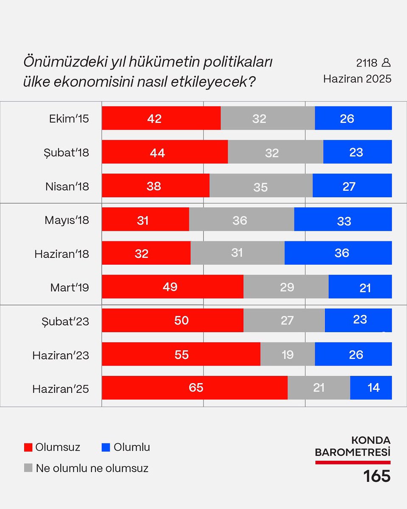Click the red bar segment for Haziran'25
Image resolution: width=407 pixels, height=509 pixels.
coord(195,388)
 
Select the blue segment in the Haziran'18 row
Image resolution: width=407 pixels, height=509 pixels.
coord(338,253)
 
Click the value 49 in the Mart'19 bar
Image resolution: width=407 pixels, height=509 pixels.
coord(170,287)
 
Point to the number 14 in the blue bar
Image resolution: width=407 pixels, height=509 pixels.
coord(374,388)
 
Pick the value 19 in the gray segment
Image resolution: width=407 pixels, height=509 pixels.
coord(287,354)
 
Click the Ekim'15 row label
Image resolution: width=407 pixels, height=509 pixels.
coord(69,118)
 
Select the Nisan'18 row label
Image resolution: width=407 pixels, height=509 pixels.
coord(67,186)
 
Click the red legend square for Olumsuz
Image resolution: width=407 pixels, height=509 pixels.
coord(28,447)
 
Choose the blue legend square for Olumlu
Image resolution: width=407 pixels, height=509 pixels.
coord(106,447)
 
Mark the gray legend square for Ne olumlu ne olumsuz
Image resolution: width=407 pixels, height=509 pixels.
coord(28,468)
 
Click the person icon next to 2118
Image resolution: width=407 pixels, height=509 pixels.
coord(386,63)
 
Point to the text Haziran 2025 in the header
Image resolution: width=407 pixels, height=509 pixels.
coord(357,79)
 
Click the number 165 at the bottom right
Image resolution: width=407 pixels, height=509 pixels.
coord(376,476)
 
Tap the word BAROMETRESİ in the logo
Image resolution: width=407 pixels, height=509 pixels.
coord(352,453)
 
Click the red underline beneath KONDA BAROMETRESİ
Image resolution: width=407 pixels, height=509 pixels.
coord(352,462)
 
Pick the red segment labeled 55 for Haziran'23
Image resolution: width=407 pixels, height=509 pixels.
coord(181,354)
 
